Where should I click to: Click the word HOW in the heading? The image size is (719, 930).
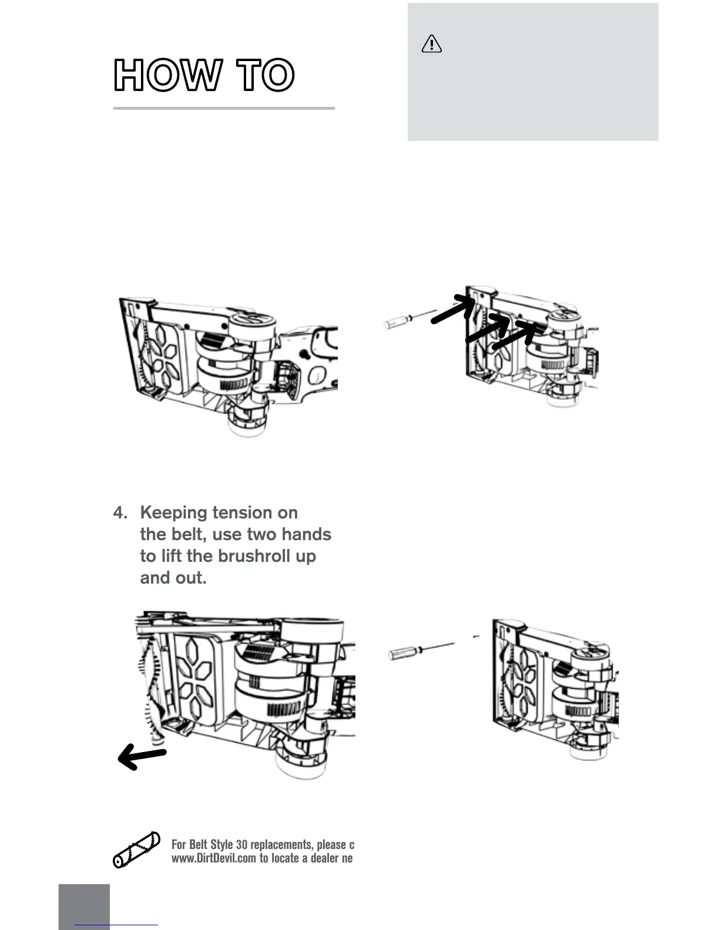pos(168,75)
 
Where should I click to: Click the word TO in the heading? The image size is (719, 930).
pos(265,75)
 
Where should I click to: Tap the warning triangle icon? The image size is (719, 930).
pos(432,44)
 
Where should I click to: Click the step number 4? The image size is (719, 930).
pos(119,513)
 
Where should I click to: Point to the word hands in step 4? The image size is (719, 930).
pos(304,534)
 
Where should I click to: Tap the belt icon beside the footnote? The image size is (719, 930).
pos(137,850)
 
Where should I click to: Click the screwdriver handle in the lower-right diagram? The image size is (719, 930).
pos(403,652)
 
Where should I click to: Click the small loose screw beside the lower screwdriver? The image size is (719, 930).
pos(476,636)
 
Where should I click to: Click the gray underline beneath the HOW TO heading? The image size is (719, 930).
pos(224,108)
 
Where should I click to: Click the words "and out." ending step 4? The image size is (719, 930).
pos(173,578)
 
